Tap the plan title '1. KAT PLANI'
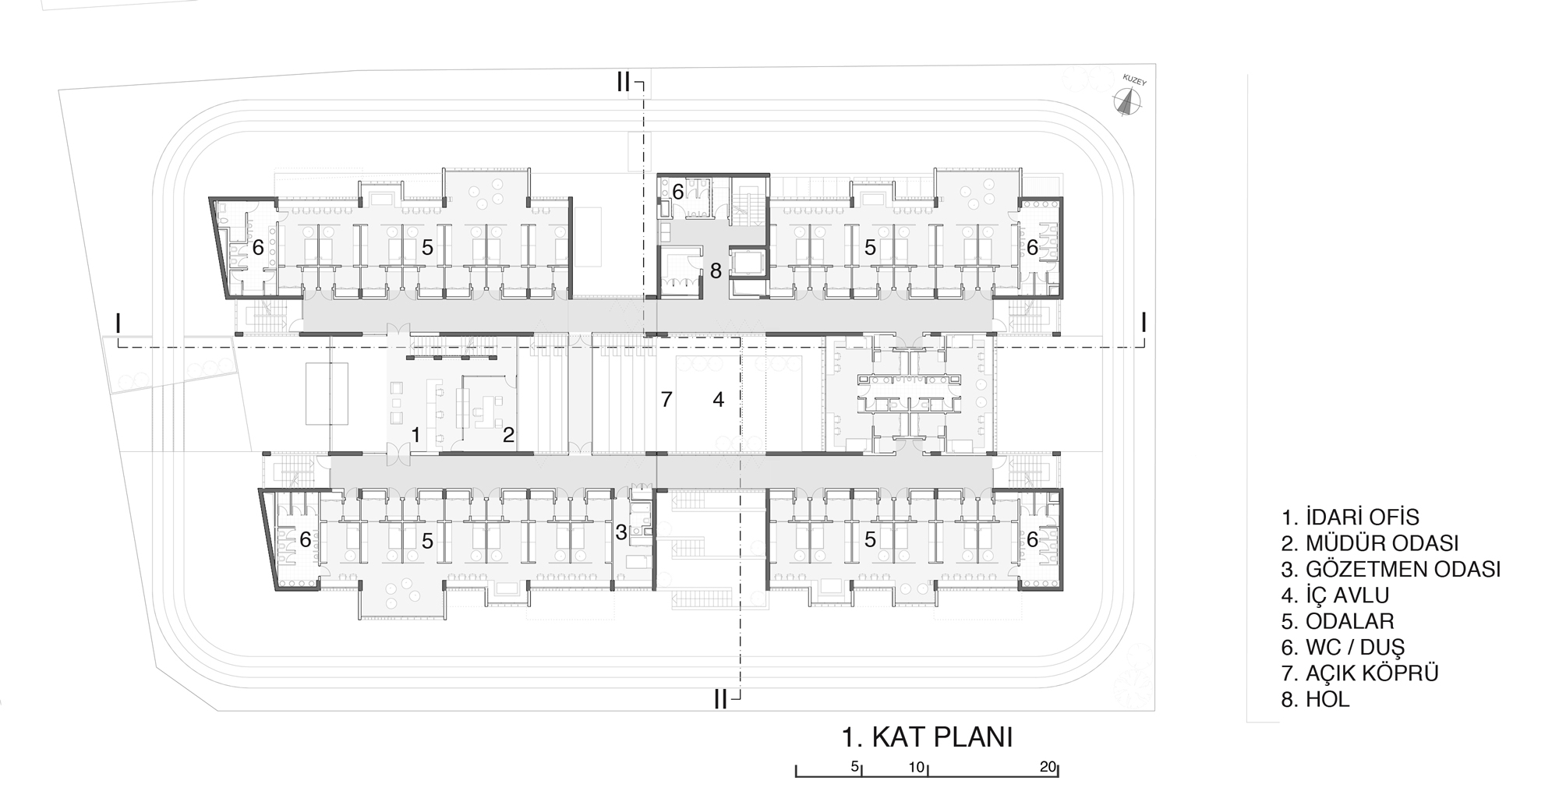point(927,737)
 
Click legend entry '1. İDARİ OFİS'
point(1350,517)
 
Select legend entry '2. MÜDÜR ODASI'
point(1370,542)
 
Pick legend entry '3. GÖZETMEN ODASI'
point(1391,569)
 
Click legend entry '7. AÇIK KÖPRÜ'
point(1359,673)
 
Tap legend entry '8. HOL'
point(1315,699)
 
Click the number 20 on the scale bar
point(1048,767)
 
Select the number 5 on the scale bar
point(855,767)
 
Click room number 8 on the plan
point(716,271)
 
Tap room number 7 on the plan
point(666,400)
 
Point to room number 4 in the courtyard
point(718,400)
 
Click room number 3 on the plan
point(620,533)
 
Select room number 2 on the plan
point(508,435)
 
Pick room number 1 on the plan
point(416,435)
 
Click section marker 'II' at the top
point(623,82)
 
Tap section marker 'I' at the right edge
point(1144,321)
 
